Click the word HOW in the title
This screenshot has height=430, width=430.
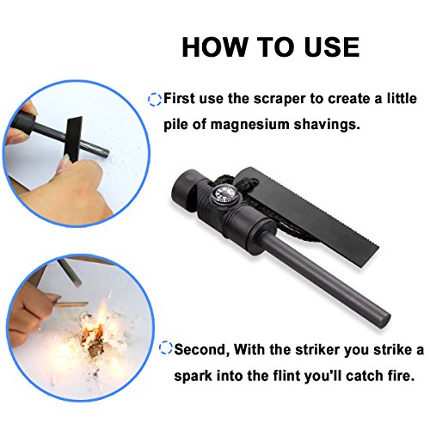(x=214, y=47)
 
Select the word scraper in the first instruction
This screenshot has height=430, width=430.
(x=279, y=100)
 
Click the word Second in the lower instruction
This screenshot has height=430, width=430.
(x=202, y=350)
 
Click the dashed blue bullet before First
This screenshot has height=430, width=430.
(x=155, y=100)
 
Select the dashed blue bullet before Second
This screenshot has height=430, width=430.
(x=166, y=347)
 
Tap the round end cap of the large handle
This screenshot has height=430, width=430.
(x=185, y=187)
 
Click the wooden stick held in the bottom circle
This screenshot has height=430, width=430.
(x=71, y=305)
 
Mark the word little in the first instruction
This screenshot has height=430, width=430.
(x=402, y=98)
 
